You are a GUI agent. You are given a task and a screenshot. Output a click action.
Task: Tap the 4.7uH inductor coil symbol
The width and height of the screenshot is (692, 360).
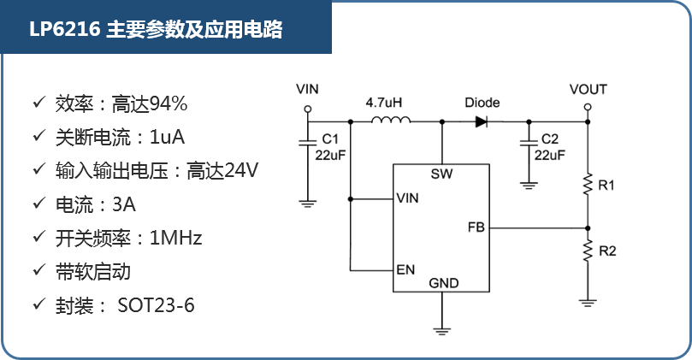point(389,121)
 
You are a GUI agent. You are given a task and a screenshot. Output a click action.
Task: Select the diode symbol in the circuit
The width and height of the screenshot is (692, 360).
point(481,121)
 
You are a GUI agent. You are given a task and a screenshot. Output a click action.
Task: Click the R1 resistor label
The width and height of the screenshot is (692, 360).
point(607,185)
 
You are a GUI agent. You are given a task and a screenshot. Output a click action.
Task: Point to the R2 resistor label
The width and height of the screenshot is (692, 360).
point(607,251)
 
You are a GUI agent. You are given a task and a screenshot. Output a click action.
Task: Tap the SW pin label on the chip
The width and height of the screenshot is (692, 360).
point(443,174)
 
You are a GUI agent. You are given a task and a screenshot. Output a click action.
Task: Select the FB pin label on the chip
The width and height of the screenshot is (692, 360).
point(476,227)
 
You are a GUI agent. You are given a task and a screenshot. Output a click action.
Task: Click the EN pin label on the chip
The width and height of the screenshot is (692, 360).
point(405,269)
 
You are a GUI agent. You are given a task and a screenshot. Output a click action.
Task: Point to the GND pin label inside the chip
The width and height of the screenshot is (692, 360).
point(443,283)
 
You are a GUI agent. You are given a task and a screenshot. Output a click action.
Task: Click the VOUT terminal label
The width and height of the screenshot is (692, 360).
point(588,90)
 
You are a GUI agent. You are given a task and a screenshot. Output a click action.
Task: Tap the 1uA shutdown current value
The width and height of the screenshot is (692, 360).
point(168,138)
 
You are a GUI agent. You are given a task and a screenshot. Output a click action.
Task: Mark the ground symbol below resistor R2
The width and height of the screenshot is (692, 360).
point(587,301)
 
